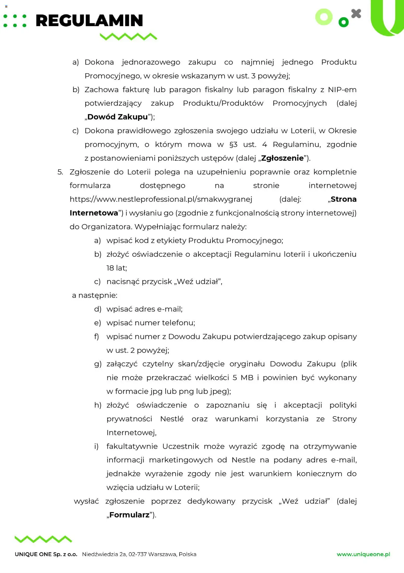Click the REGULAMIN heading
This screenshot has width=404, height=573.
(x=89, y=21)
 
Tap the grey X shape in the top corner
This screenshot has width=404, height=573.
(x=356, y=14)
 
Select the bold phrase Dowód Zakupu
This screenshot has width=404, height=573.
(x=118, y=117)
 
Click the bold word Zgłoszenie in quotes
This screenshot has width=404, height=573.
(x=282, y=158)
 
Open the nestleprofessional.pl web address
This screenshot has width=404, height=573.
(x=161, y=199)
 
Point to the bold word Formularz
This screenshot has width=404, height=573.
(x=129, y=515)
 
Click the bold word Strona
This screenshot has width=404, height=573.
(x=344, y=199)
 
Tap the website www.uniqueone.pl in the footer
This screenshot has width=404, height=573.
(x=363, y=554)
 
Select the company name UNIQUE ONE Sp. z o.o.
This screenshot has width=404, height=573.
(x=46, y=554)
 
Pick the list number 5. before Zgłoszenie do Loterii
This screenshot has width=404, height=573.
(x=60, y=172)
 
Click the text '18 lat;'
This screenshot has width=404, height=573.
(x=117, y=268)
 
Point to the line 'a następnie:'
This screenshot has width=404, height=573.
(x=95, y=295)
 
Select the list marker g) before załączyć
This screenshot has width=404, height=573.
(x=97, y=364)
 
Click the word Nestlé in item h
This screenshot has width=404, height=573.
(x=172, y=419)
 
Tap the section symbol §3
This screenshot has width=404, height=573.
(x=233, y=145)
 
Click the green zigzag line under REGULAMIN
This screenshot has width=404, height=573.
(x=128, y=37)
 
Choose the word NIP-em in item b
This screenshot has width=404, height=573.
(x=342, y=90)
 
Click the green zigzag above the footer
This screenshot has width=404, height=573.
(x=43, y=539)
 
